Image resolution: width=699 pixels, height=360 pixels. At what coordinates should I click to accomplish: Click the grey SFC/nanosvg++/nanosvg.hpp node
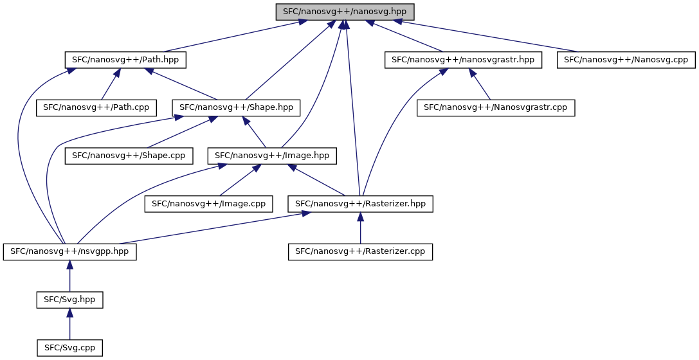[x=345, y=12]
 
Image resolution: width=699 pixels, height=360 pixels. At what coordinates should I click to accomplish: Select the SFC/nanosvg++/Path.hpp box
[x=125, y=60]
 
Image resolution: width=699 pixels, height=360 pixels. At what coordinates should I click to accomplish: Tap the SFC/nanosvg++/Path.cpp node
[x=96, y=108]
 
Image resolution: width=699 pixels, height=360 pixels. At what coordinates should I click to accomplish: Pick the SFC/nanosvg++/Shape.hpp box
[x=236, y=108]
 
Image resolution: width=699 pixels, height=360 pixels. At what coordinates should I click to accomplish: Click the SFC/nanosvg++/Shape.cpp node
[x=129, y=156]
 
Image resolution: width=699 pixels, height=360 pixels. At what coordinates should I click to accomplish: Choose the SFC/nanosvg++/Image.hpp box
[x=272, y=156]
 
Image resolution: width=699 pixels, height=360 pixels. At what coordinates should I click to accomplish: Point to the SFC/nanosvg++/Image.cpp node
[x=208, y=204]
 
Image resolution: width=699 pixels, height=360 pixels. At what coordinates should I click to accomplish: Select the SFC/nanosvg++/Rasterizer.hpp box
[x=360, y=204]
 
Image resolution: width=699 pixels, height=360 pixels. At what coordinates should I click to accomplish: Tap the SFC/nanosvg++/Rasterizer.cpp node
[x=360, y=252]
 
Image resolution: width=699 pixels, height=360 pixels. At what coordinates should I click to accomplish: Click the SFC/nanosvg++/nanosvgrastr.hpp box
[x=463, y=60]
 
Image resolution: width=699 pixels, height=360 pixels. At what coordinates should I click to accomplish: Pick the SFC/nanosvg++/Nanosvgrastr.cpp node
[x=496, y=108]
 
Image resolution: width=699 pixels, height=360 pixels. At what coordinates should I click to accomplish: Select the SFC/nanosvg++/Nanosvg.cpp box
[x=626, y=60]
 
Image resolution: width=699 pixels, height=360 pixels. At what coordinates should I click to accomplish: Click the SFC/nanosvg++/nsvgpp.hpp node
[x=69, y=252]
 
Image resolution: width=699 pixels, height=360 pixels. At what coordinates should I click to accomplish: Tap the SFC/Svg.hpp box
[x=69, y=300]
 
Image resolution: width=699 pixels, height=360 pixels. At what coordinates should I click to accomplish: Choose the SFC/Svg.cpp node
[x=69, y=348]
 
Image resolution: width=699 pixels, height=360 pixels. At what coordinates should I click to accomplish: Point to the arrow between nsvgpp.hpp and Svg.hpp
[x=69, y=276]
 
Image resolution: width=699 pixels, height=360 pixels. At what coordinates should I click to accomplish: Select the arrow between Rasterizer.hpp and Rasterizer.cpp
[x=360, y=228]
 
